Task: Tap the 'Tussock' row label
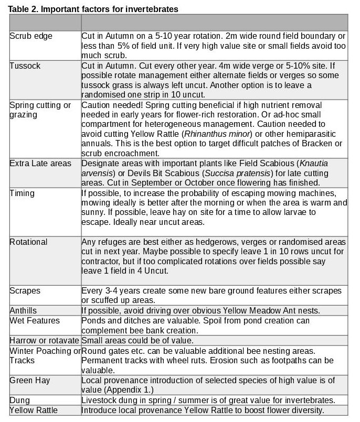(x=25, y=66)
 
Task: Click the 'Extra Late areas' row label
(x=40, y=164)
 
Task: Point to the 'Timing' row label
(x=22, y=193)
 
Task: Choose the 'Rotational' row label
(x=28, y=242)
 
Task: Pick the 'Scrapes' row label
(x=25, y=290)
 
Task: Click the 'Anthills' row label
(x=24, y=310)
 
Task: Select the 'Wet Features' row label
(x=35, y=320)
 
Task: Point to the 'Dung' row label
(x=20, y=400)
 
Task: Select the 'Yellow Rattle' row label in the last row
(x=34, y=410)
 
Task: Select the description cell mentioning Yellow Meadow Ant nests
(x=201, y=310)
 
